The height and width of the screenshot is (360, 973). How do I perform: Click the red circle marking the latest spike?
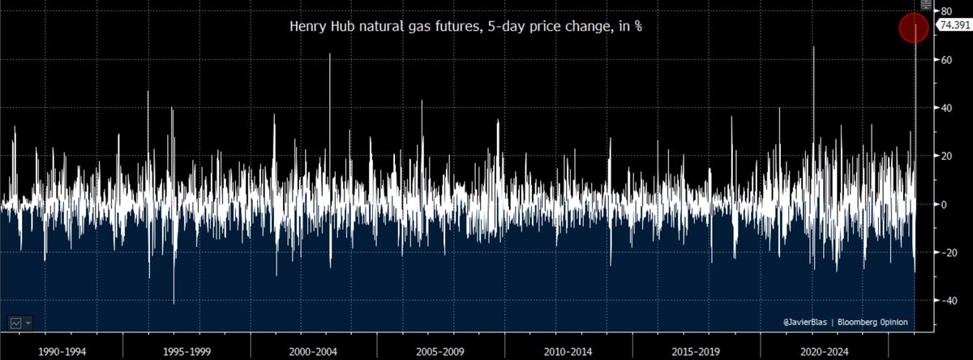pyautogui.click(x=915, y=27)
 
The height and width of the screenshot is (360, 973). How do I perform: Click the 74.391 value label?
pyautogui.click(x=953, y=26)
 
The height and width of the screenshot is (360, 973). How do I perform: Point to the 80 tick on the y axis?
pyautogui.click(x=945, y=11)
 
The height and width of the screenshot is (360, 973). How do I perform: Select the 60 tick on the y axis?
pyautogui.click(x=945, y=60)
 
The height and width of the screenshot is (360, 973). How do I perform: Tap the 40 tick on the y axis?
pyautogui.click(x=945, y=108)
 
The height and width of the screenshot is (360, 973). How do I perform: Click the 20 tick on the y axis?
pyautogui.click(x=945, y=156)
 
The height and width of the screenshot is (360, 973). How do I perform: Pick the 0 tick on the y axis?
pyautogui.click(x=943, y=204)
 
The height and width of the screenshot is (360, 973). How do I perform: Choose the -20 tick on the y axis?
pyautogui.click(x=945, y=252)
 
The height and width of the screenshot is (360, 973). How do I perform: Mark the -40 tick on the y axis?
pyautogui.click(x=945, y=300)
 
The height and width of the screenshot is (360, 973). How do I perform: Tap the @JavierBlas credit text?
pyautogui.click(x=808, y=322)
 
